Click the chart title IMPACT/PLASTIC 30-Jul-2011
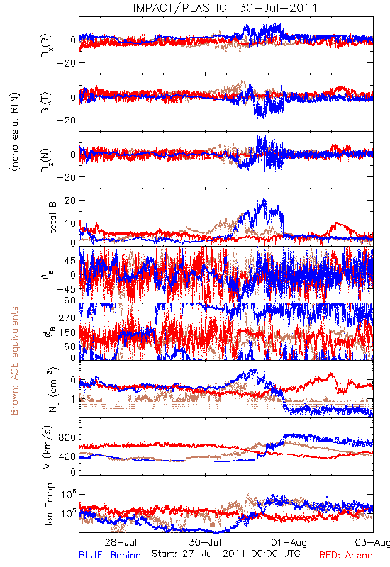click(x=225, y=8)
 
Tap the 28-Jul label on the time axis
click(x=121, y=542)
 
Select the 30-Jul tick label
click(x=205, y=542)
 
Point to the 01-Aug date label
click(x=289, y=542)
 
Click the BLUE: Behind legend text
click(x=110, y=555)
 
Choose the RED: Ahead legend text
click(x=346, y=555)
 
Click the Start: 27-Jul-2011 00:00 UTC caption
click(x=225, y=554)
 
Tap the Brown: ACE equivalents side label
click(x=14, y=361)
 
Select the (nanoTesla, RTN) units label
click(x=15, y=132)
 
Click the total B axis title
click(x=52, y=218)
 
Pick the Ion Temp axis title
click(x=49, y=504)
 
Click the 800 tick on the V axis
click(x=67, y=437)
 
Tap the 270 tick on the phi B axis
click(x=67, y=318)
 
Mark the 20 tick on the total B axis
click(x=69, y=201)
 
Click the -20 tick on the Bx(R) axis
click(x=66, y=63)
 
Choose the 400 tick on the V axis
click(x=67, y=456)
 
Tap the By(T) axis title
click(x=47, y=103)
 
